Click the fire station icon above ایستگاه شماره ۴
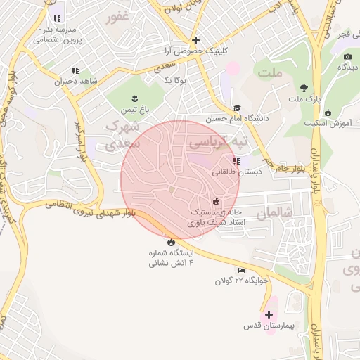(x=172, y=241)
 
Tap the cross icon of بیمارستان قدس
(x=269, y=314)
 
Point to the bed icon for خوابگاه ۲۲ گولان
(x=241, y=270)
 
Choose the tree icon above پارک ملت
(x=304, y=88)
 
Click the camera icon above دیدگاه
(x=347, y=56)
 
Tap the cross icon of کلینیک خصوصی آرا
(x=195, y=40)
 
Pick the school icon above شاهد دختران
(x=75, y=70)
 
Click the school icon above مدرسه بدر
(x=56, y=18)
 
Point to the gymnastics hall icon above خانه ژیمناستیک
(x=216, y=201)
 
